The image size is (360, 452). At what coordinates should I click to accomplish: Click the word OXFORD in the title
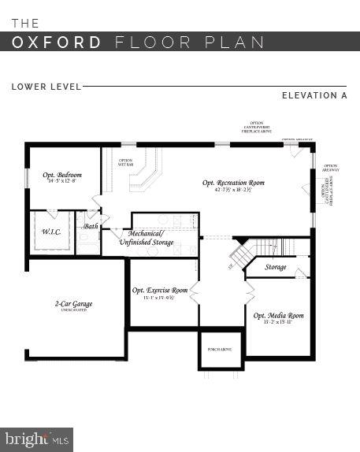click(x=57, y=42)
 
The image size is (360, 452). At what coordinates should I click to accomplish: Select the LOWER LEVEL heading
click(x=44, y=86)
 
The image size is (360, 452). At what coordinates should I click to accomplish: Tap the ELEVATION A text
click(x=314, y=96)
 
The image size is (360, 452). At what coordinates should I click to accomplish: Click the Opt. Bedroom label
click(x=62, y=175)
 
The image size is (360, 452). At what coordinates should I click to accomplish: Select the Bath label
click(x=91, y=226)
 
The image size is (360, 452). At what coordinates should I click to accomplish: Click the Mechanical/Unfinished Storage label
click(x=146, y=238)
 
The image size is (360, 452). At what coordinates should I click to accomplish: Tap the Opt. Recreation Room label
click(x=233, y=183)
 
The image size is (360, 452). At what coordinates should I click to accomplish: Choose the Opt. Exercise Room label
click(x=160, y=291)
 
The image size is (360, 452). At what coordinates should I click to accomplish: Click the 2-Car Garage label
click(x=70, y=303)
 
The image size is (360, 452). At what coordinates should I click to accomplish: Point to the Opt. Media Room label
click(x=278, y=315)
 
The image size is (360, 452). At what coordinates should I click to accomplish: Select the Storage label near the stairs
click(x=276, y=267)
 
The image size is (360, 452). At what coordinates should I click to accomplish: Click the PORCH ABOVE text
click(x=219, y=349)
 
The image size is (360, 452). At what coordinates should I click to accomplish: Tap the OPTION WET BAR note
click(x=125, y=163)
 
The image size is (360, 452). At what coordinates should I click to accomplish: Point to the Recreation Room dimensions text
click(x=233, y=191)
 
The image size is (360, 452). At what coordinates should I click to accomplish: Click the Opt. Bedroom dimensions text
click(x=62, y=182)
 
